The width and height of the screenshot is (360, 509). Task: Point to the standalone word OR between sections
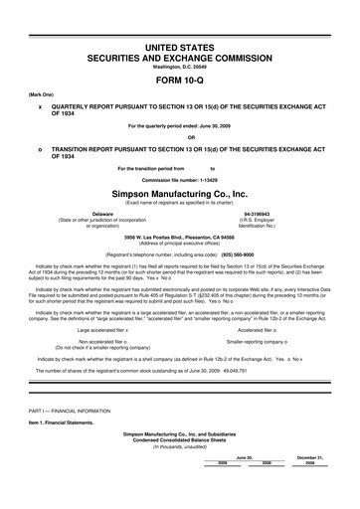[179, 137]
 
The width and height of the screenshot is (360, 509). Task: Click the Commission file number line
[179, 180]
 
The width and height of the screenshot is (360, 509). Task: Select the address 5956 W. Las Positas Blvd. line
[179, 238]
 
